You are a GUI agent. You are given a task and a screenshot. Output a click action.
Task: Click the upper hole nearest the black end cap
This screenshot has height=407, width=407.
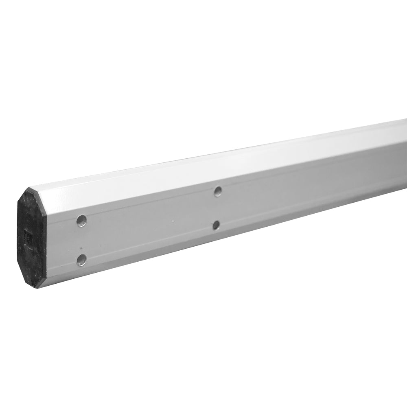click(81, 221)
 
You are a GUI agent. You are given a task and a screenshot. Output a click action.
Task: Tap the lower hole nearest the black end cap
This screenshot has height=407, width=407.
click(81, 260)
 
